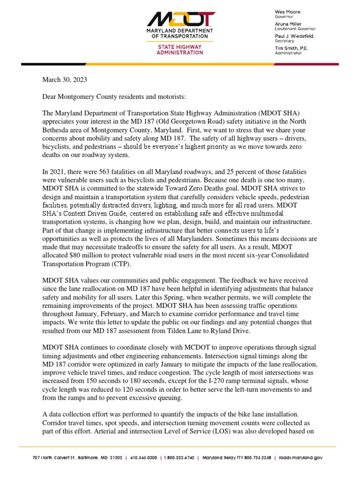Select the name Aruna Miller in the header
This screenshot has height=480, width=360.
[288, 24]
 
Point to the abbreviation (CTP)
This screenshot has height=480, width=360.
[115, 263]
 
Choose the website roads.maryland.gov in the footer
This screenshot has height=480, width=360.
[299, 457]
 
